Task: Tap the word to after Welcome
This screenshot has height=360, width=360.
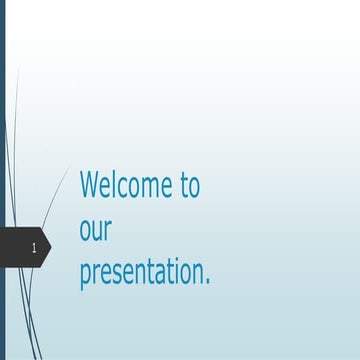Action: coord(190,186)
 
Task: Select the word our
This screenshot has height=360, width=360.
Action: coord(95,231)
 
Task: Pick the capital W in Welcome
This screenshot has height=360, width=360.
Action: coord(89,186)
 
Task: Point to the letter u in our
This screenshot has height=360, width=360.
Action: coord(98,232)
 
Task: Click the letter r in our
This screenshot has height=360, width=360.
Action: coord(108,232)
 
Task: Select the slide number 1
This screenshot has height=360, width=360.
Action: coord(35,246)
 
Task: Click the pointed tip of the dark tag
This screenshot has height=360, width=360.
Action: coord(51,246)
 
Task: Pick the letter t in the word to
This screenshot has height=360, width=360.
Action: coord(183,186)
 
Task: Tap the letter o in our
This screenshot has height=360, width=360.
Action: coord(86,232)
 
